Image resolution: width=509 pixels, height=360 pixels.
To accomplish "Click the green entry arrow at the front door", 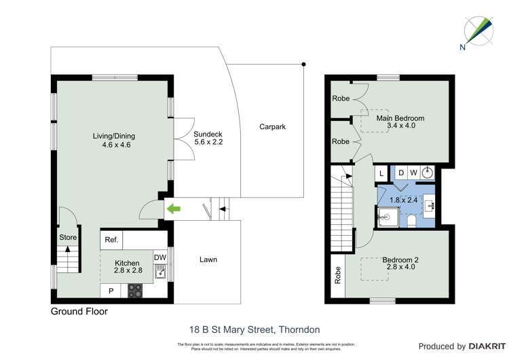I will (174, 209).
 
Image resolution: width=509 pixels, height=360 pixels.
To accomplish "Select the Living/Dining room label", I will (111, 140).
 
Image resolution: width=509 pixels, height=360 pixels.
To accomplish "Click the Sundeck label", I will (208, 138).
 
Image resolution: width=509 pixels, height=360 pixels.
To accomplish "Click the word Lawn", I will (208, 259).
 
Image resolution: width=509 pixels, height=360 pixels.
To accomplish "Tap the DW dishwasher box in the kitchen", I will (160, 257).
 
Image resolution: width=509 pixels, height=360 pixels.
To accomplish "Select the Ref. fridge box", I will (111, 240).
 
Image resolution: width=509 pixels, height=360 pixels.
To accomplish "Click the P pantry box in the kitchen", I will (110, 291).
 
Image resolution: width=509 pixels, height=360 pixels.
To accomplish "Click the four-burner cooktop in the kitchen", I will (134, 291).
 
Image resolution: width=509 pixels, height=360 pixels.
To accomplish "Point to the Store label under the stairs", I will (68, 238).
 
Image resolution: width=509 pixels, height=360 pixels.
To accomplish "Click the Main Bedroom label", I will (400, 122).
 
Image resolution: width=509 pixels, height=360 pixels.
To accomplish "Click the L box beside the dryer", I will (382, 173).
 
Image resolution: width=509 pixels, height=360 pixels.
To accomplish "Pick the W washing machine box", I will (413, 173).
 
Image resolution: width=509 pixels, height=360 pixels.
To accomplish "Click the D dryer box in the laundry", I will (400, 173).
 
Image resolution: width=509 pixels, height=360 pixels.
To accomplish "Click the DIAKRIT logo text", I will (484, 346).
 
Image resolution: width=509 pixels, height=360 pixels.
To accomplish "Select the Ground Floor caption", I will (79, 312).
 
